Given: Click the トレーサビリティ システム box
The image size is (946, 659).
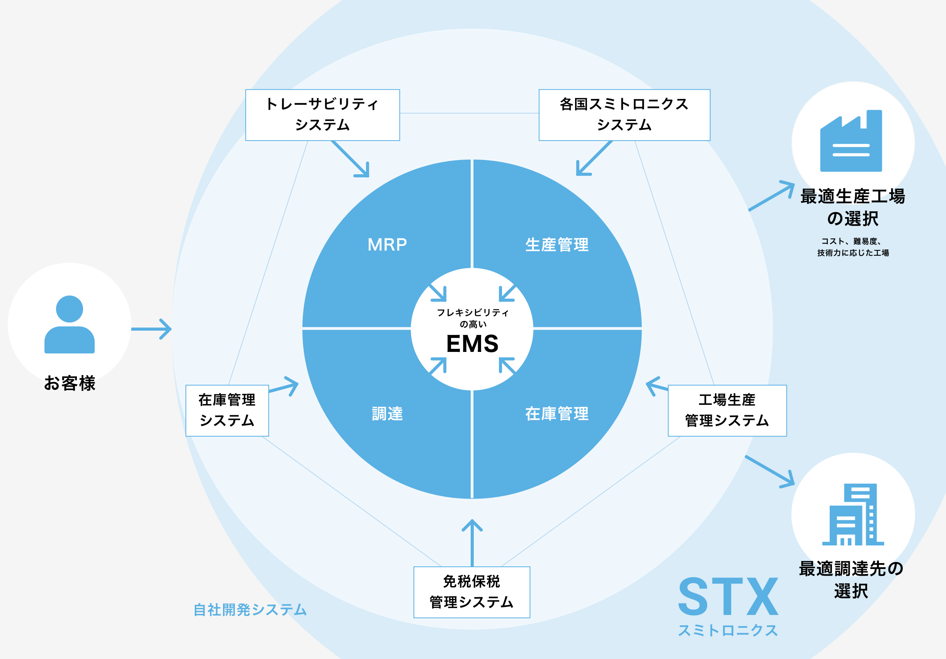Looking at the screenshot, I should pos(322,115).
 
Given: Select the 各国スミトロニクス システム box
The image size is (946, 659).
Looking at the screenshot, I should pos(624,115).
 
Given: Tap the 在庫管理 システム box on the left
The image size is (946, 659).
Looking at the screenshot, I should pos(227,410).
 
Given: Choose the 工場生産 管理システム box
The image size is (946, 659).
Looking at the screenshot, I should pos(727,410).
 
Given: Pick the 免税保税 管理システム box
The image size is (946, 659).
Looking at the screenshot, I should pos(471,592).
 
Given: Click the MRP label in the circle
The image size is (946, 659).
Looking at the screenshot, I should pos(387,245).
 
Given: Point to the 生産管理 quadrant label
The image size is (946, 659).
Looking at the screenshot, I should pos(557,245).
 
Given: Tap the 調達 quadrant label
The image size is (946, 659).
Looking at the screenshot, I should pos(387,414).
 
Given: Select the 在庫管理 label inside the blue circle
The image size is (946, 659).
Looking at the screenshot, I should pos(557,414).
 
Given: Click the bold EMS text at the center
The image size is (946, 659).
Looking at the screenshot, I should pos(472,343).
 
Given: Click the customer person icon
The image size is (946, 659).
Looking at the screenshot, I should pos(70,324).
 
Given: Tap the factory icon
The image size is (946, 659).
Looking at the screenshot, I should pos(851,141).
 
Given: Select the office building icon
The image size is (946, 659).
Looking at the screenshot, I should pos(852,515).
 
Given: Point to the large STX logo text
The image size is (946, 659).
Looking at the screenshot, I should pos(728,596).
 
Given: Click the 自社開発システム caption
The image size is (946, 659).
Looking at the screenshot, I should pos(250,610).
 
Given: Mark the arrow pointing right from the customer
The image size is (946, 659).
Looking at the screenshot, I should pos(151,329).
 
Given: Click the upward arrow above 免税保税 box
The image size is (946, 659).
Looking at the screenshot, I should pos(472,542).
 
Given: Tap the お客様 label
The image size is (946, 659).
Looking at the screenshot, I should pos(70,383).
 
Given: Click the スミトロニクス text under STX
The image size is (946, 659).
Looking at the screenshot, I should pos(728,630).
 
